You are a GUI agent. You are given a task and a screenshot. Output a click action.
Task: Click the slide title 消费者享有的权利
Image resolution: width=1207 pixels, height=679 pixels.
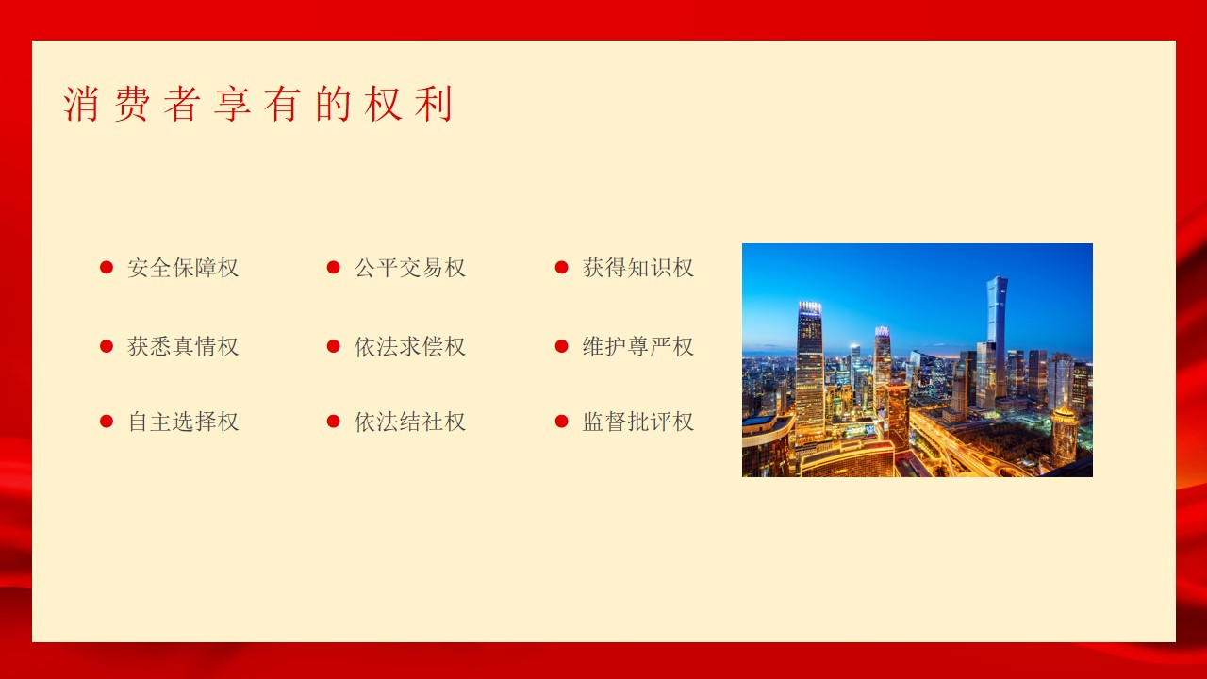coord(258,104)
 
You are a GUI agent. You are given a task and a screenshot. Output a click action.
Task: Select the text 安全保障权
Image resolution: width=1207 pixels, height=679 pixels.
coord(183,268)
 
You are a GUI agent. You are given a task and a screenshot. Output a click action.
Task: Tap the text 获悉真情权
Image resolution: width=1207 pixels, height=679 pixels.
coord(183,346)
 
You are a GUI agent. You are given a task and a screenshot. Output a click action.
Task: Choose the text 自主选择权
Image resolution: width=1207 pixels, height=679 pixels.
coord(183,422)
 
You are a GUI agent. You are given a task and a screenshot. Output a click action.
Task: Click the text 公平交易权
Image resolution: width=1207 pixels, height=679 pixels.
coord(410,268)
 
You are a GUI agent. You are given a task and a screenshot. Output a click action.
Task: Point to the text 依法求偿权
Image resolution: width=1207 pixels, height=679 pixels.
coord(410,346)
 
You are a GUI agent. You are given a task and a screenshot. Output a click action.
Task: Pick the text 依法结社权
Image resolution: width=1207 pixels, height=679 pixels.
coord(410,422)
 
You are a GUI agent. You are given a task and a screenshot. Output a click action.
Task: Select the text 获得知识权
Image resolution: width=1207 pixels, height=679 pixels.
coord(638,268)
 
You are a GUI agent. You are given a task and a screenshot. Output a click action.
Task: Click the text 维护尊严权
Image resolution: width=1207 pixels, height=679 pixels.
coord(638,346)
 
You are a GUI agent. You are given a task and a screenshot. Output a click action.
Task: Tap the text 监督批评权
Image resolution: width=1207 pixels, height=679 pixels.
coord(638,422)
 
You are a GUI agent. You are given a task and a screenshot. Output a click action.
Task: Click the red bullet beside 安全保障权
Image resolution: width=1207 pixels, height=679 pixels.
coord(107,267)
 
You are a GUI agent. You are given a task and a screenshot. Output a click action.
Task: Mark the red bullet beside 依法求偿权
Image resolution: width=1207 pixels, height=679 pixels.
coord(334,346)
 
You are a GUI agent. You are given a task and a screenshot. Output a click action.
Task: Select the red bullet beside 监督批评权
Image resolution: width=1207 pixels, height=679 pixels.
coord(561,422)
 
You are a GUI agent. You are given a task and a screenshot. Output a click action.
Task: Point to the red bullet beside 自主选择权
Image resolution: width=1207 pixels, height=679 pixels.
coord(107,422)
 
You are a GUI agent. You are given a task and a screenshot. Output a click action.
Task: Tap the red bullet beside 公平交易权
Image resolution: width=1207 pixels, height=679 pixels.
coord(334,267)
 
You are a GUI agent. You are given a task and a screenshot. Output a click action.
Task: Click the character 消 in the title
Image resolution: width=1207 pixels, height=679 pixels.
coord(81,104)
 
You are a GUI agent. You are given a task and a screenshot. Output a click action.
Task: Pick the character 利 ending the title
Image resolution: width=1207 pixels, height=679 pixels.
coord(434,104)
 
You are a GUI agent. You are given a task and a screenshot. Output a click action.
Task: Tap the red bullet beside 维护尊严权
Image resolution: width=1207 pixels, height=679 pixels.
coord(561,346)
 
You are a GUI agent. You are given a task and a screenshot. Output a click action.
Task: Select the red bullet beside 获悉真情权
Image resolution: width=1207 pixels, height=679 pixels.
coord(107,346)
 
